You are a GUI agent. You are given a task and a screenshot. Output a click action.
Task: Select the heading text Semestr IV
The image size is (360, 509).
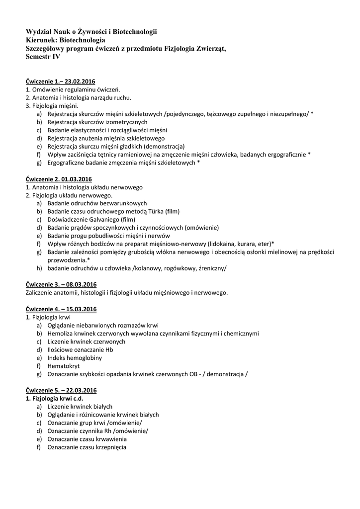(43, 57)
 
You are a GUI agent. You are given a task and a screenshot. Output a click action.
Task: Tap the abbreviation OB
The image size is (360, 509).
(188, 374)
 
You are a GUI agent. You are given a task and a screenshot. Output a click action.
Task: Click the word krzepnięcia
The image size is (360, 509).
(106, 447)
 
